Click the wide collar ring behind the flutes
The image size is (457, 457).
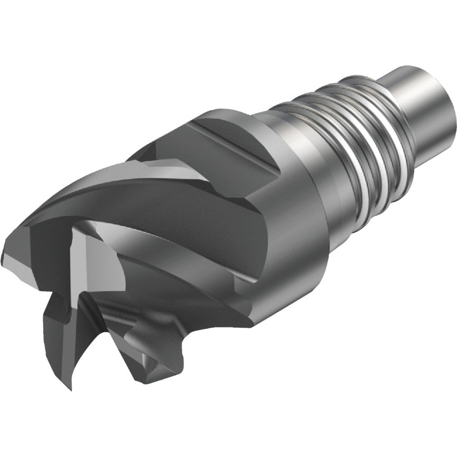(x=300, y=214)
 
